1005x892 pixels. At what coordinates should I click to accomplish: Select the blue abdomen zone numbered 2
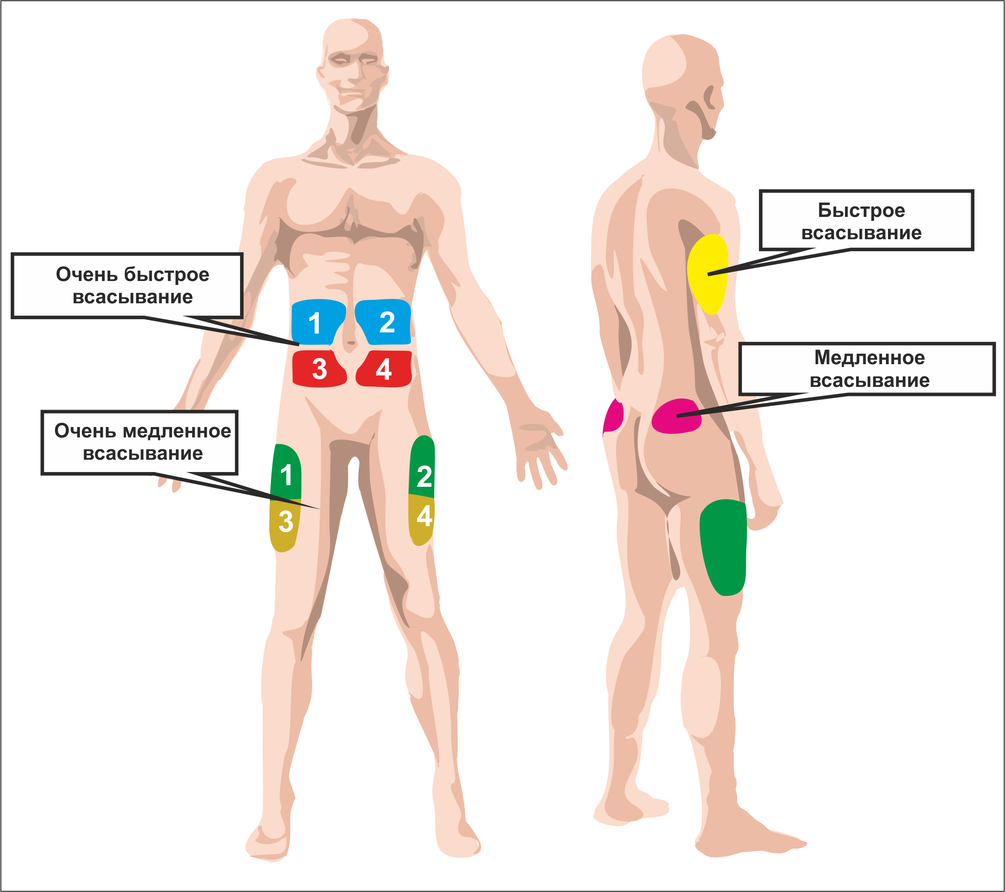pyautogui.click(x=384, y=322)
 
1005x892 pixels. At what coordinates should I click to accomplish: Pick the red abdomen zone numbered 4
pyautogui.click(x=384, y=369)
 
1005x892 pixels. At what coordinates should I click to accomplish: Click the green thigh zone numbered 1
pyautogui.click(x=286, y=472)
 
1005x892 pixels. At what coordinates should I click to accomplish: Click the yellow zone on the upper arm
pyautogui.click(x=707, y=274)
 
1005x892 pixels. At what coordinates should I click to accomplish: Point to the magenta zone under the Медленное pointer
pyautogui.click(x=676, y=416)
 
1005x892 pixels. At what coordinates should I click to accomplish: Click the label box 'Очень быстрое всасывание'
pyautogui.click(x=127, y=286)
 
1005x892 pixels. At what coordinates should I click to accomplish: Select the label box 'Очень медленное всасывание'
pyautogui.click(x=140, y=443)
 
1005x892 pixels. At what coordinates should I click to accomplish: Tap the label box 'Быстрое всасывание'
pyautogui.click(x=866, y=220)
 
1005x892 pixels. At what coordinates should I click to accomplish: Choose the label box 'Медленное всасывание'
pyautogui.click(x=867, y=369)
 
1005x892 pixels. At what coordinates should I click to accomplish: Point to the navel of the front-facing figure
pyautogui.click(x=350, y=343)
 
